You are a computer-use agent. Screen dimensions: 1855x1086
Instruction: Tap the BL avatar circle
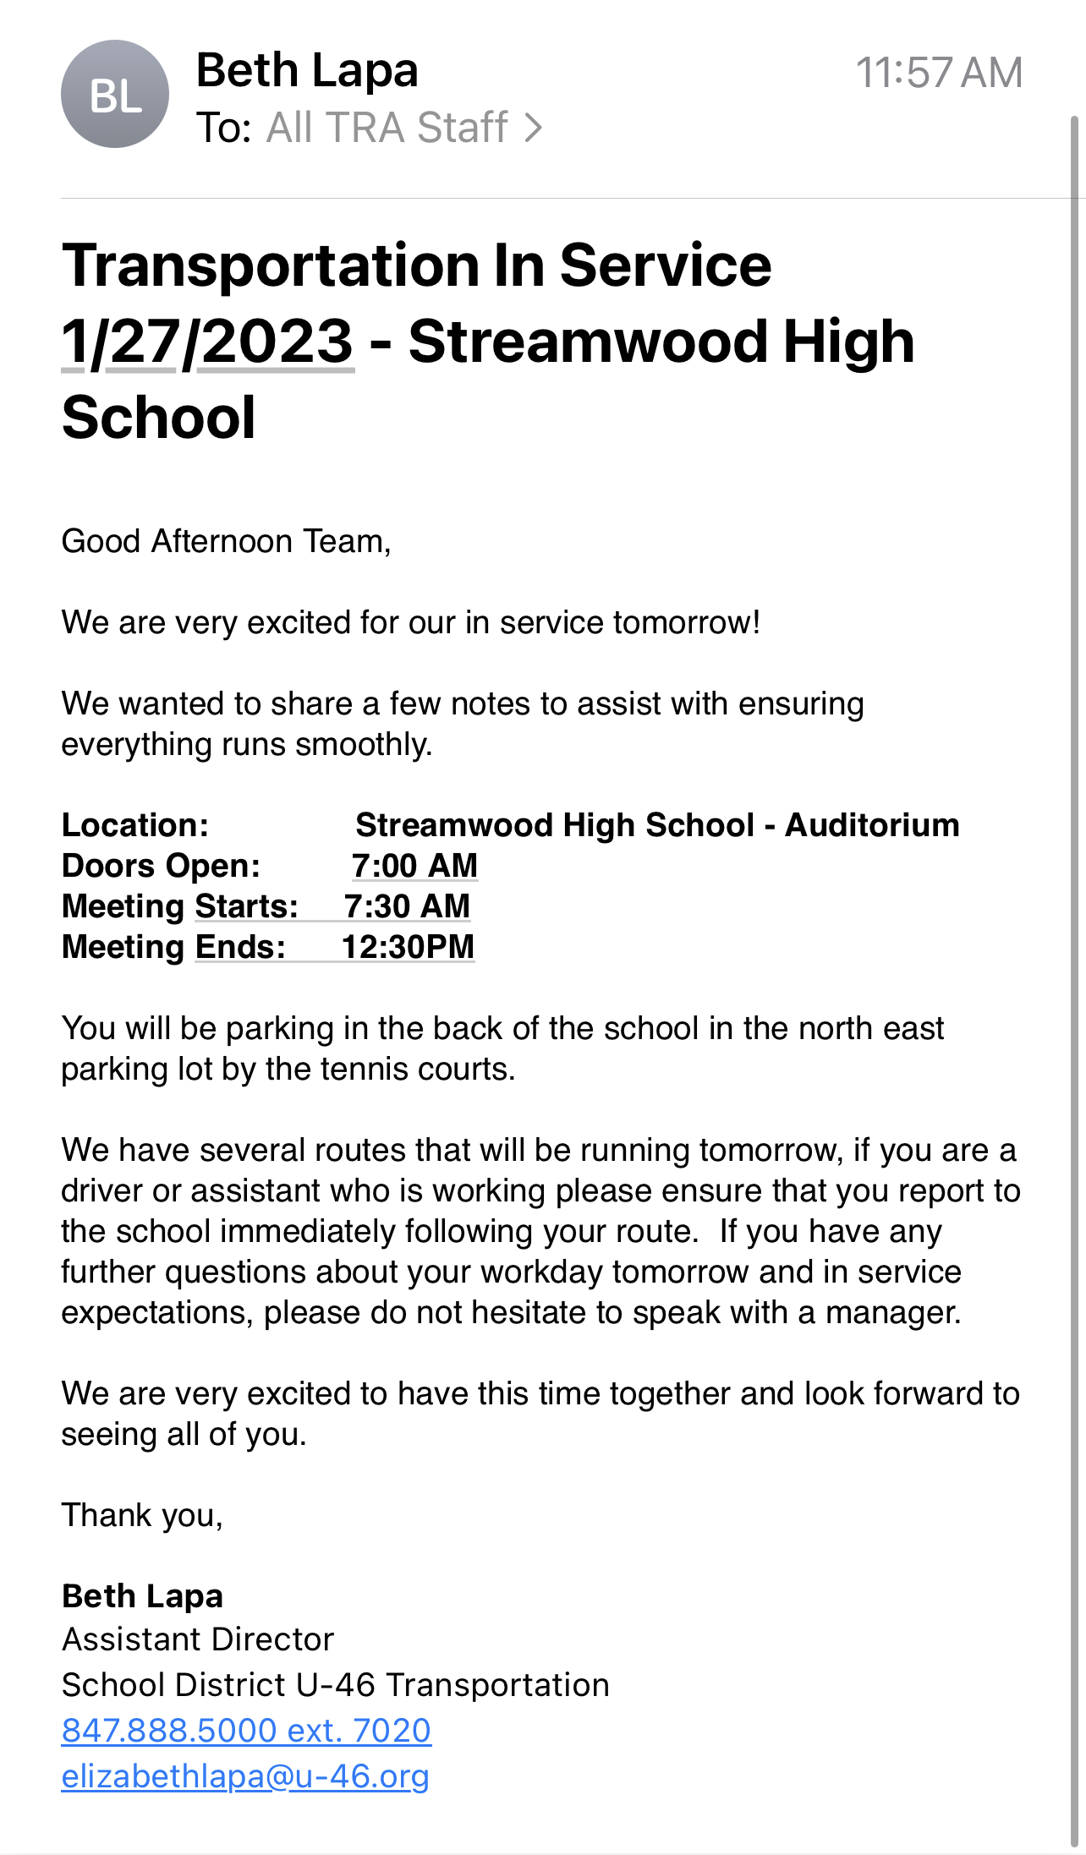click(x=115, y=94)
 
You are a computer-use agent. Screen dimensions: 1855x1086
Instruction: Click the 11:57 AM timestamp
click(x=939, y=73)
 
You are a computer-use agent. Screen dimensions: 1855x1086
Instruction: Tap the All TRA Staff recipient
click(x=387, y=128)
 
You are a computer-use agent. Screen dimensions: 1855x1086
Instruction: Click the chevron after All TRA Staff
click(x=533, y=128)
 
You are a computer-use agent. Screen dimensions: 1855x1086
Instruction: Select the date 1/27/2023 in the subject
click(x=207, y=342)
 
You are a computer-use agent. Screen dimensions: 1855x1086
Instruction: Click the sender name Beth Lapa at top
click(x=307, y=70)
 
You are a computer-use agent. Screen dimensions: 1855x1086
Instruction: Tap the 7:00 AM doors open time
click(x=414, y=866)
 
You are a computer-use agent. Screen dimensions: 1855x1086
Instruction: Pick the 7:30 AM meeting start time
click(x=407, y=906)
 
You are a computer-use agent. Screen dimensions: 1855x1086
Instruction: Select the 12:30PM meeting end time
click(x=408, y=947)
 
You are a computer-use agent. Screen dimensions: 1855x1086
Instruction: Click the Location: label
click(x=135, y=825)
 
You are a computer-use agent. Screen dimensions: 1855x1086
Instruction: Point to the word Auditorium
click(x=872, y=825)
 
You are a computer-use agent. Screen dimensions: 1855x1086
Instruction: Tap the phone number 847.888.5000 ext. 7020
click(x=246, y=1731)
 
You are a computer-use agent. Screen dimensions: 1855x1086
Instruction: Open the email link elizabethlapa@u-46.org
click(x=245, y=1776)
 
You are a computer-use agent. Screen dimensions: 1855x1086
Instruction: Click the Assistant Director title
click(x=198, y=1639)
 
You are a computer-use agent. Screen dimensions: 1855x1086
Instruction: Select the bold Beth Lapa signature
click(x=142, y=1596)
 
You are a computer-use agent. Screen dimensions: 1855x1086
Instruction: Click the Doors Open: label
click(x=161, y=866)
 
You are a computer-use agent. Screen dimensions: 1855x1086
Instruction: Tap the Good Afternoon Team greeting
click(x=226, y=541)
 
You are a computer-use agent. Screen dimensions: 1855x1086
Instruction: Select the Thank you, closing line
click(x=142, y=1515)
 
